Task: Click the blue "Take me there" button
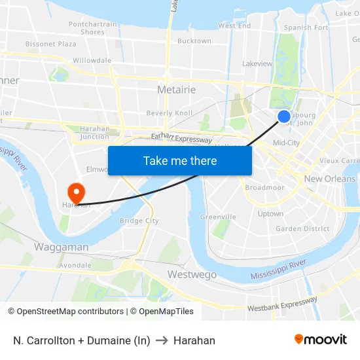point(180,160)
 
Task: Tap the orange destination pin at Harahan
point(77,192)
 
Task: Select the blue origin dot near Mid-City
point(284,117)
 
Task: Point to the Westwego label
point(192,275)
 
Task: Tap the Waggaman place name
point(61,247)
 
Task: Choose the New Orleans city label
point(330,179)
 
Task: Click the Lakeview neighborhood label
point(257,64)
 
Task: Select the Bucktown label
point(194,41)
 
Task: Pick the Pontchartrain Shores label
point(92,28)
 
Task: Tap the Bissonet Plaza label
point(51,45)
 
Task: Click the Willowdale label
point(92,60)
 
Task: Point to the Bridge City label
point(139,221)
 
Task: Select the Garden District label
point(302,229)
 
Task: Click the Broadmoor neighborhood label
point(265,187)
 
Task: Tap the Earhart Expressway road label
point(181,139)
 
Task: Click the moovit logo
point(321,339)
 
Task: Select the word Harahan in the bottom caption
point(194,340)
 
